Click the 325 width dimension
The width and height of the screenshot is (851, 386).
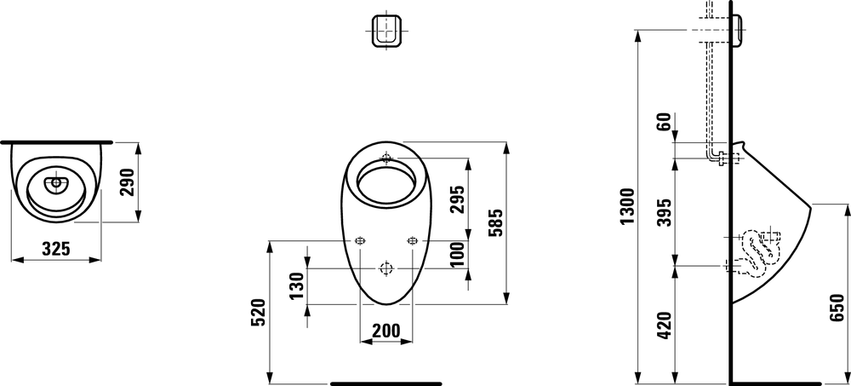(56, 249)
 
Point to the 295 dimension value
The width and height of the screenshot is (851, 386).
(458, 199)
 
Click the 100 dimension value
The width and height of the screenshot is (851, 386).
(458, 254)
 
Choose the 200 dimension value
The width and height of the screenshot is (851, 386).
(386, 330)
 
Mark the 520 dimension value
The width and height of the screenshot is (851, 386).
(259, 312)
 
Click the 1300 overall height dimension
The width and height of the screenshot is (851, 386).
(627, 206)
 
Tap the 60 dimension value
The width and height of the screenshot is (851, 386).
(665, 123)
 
